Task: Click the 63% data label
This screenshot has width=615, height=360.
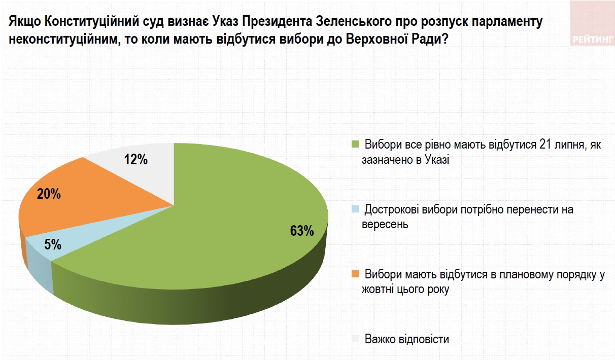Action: pyautogui.click(x=302, y=231)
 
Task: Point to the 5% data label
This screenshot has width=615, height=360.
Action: pyautogui.click(x=53, y=245)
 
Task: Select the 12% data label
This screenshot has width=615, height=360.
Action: pyautogui.click(x=135, y=160)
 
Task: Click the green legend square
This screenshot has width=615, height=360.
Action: pyautogui.click(x=355, y=144)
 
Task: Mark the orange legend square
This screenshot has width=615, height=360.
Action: pyautogui.click(x=355, y=274)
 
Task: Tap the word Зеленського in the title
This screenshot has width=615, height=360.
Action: pyautogui.click(x=353, y=22)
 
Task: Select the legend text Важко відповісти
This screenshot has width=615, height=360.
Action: pyautogui.click(x=406, y=339)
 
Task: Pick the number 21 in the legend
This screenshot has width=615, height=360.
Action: pyautogui.click(x=545, y=145)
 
